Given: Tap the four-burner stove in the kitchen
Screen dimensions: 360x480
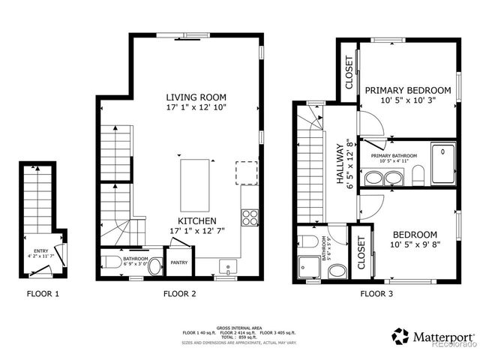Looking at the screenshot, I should pos(250,218).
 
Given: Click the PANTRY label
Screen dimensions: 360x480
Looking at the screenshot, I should pos(179,262).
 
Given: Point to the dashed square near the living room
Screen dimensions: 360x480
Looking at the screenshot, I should pos(246,172).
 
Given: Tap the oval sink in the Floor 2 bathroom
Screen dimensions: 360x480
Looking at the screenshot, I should pos(154,266).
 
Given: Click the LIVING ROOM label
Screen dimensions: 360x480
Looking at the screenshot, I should pos(196,97).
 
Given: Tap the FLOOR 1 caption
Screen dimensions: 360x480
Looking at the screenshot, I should pos(43,294).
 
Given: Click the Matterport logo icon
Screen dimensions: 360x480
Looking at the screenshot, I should pos(400,335).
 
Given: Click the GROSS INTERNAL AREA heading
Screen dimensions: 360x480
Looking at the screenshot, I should pos(238,328).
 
